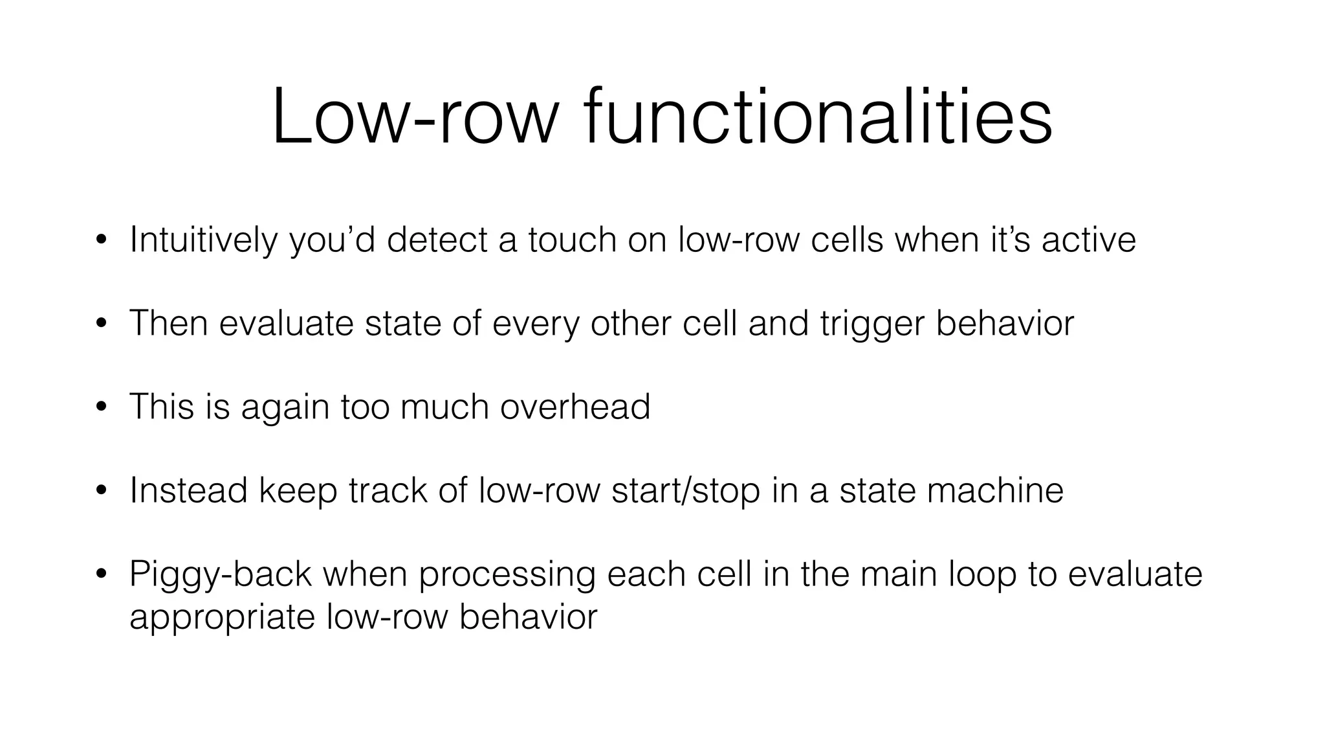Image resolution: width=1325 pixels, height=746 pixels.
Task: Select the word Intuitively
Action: tap(203, 240)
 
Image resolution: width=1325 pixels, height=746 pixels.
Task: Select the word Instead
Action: tap(188, 490)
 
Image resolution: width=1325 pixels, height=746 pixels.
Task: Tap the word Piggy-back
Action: tap(221, 574)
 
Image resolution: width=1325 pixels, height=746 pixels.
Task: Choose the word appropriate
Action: tap(222, 617)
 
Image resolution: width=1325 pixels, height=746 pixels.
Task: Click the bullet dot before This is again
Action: tap(100, 408)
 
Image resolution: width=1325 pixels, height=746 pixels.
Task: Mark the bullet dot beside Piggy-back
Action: tap(100, 574)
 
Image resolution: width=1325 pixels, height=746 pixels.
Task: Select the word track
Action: tap(388, 490)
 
